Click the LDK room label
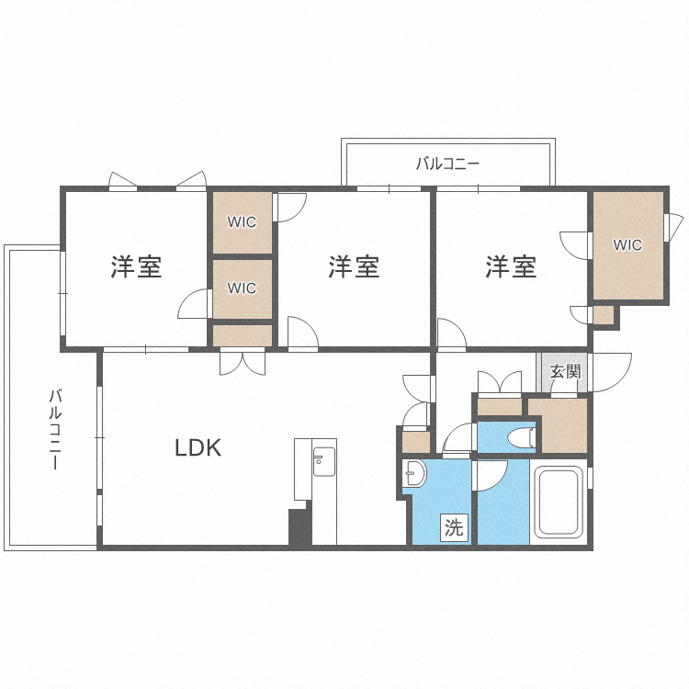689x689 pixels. point(198,448)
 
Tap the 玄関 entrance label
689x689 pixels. point(564,372)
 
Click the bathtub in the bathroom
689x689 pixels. point(559,504)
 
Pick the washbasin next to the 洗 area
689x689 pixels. point(414,473)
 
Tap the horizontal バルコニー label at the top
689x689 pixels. point(447,164)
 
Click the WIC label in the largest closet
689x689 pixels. point(627,245)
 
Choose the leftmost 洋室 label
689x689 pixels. point(136,267)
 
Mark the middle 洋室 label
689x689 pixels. point(354,267)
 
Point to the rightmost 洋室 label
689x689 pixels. point(511,267)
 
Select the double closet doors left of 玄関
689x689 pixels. point(500,381)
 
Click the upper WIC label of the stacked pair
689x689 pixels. point(242,222)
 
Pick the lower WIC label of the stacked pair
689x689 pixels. point(242,288)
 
